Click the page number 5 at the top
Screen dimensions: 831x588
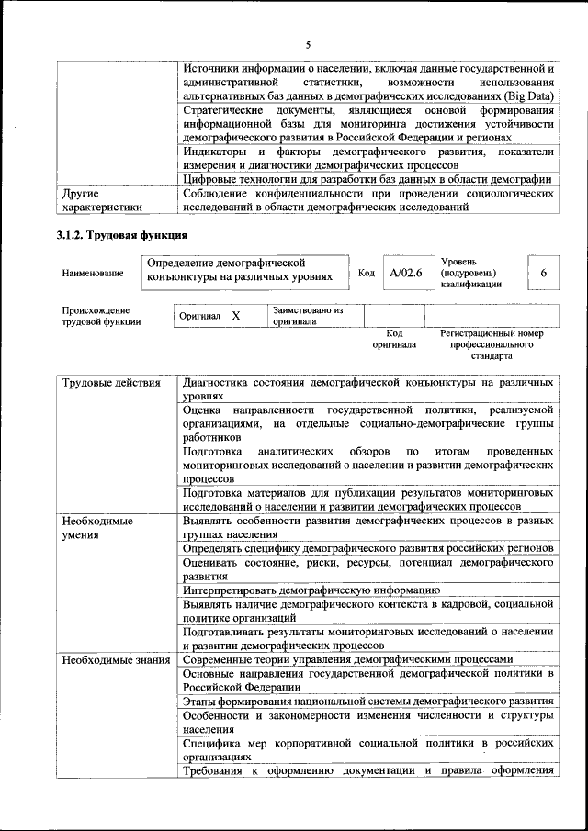click(309, 43)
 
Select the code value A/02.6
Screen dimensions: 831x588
click(405, 273)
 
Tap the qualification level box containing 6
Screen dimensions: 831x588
click(544, 273)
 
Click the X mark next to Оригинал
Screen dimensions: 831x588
click(236, 316)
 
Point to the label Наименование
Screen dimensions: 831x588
click(93, 274)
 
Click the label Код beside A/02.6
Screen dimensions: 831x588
click(366, 274)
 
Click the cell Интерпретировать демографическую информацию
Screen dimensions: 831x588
click(311, 589)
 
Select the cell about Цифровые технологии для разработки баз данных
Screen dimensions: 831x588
click(367, 178)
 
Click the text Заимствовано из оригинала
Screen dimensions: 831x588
click(307, 316)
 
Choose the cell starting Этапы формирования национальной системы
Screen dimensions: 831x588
click(367, 702)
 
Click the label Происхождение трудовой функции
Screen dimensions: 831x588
click(101, 316)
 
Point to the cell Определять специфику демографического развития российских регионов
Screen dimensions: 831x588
click(367, 548)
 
